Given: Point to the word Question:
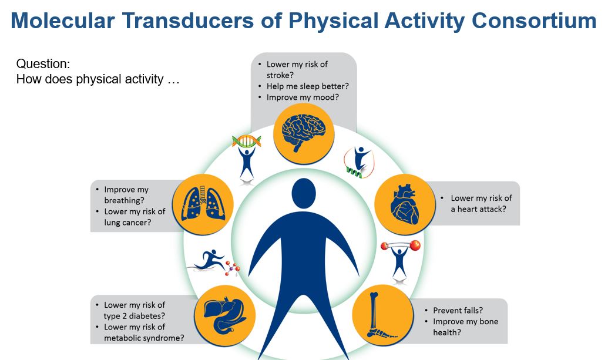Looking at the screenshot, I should click(43, 64).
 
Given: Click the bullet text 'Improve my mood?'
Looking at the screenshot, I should click(303, 97).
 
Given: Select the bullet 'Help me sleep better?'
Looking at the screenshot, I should click(307, 86).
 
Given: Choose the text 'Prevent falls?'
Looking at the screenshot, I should click(458, 310).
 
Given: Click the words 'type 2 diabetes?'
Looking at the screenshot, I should click(135, 316).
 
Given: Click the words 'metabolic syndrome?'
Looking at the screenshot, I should click(143, 338).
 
